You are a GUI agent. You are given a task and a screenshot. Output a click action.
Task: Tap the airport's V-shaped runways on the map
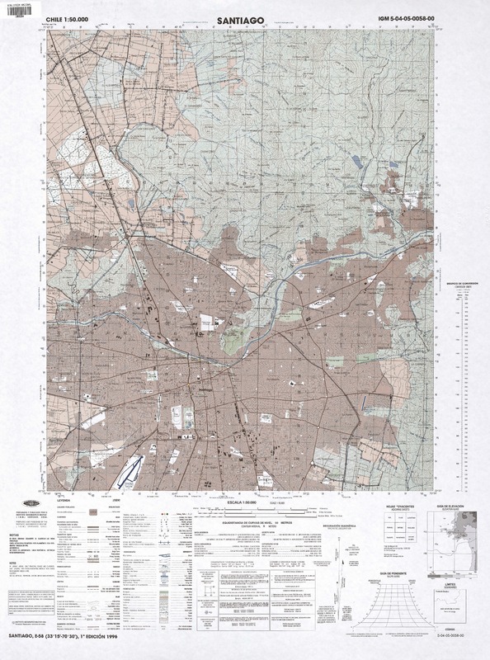point(125,469)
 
